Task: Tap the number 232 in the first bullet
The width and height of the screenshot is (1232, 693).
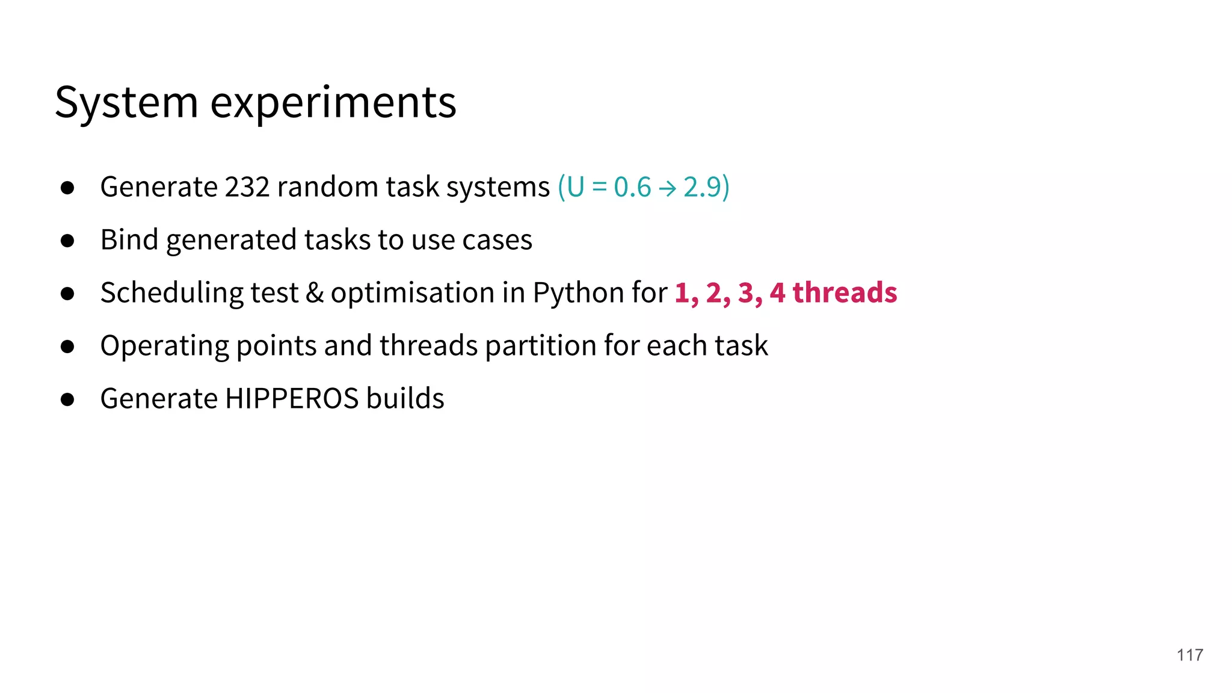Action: pos(247,187)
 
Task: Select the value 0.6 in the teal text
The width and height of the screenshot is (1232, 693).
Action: pos(632,187)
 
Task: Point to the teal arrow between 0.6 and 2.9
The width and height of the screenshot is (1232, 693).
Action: pos(667,189)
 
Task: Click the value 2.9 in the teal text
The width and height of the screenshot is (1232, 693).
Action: pos(701,187)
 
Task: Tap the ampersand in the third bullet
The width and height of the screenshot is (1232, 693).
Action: pos(314,293)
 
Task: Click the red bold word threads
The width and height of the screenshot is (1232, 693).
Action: pos(845,293)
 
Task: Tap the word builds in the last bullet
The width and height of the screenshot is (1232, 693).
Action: pos(405,399)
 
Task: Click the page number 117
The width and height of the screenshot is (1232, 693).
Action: pos(1189,655)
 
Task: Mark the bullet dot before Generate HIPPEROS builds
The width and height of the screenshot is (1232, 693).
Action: pos(67,400)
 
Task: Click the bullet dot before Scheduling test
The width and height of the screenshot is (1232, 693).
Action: pos(67,294)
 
